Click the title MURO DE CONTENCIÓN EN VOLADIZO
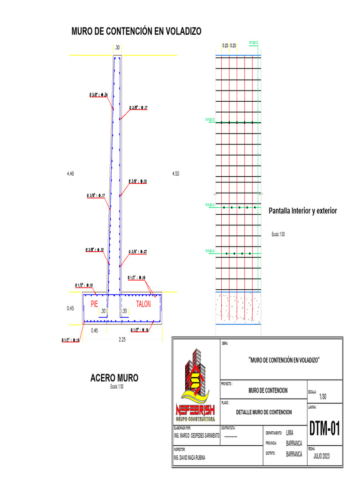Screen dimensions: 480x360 (x=136, y=32)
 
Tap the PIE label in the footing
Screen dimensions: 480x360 (x=94, y=304)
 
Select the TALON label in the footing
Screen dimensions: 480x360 (x=143, y=304)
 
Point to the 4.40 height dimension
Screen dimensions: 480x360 (x=71, y=174)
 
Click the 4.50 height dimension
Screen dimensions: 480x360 (x=175, y=174)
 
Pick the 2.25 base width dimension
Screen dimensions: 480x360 (x=122, y=340)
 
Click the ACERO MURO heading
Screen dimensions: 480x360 (x=114, y=378)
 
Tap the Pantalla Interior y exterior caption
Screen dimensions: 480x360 (x=302, y=211)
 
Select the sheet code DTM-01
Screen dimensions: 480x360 (x=324, y=428)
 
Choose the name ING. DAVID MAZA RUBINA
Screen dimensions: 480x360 (x=189, y=457)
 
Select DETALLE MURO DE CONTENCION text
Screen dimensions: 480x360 (x=263, y=412)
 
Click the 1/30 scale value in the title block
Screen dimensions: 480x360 (x=322, y=397)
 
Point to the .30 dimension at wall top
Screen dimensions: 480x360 (x=117, y=47)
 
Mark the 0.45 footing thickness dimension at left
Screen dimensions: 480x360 (x=71, y=308)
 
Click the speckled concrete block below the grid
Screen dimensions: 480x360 (x=238, y=307)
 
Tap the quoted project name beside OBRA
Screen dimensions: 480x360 (x=284, y=360)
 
